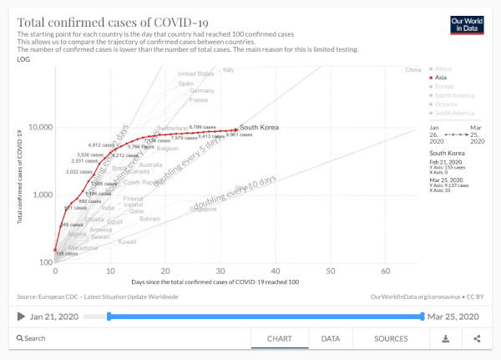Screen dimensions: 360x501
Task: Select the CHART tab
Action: pos(279,338)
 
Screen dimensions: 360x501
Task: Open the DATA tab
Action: pos(331,338)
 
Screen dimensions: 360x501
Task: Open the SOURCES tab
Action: pos(390,338)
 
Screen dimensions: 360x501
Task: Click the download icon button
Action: pos(445,338)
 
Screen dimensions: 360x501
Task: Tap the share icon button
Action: pos(477,338)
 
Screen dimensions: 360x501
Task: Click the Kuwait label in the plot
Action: pos(127,241)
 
